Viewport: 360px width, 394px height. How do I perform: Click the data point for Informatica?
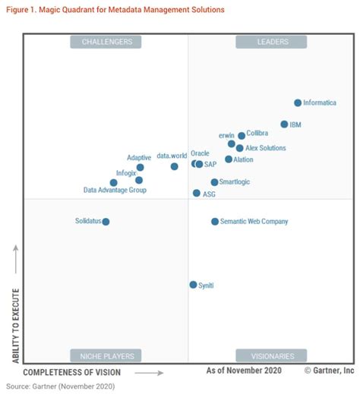[298, 102]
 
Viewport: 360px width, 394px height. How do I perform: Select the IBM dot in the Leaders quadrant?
[284, 124]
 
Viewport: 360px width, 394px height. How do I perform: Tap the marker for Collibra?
[242, 136]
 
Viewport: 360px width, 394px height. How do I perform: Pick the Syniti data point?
[193, 285]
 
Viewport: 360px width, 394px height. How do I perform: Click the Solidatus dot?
[106, 222]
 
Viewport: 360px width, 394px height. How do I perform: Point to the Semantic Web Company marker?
[215, 222]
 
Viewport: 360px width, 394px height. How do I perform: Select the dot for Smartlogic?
[214, 182]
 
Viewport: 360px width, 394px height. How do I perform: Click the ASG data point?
[197, 194]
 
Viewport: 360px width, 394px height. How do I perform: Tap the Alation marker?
[229, 159]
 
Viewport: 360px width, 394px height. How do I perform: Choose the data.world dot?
[174, 166]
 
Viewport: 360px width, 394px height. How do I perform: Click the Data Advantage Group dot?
[113, 182]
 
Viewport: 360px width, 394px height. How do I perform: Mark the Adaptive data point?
[140, 167]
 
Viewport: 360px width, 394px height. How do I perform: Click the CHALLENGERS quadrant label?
[106, 42]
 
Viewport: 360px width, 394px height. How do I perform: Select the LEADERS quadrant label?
[271, 42]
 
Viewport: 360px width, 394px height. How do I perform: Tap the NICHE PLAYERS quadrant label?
[106, 355]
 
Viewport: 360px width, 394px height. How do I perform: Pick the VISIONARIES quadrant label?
[271, 355]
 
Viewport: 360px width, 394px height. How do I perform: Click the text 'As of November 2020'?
[244, 370]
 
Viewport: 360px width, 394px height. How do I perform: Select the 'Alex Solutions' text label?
[266, 148]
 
